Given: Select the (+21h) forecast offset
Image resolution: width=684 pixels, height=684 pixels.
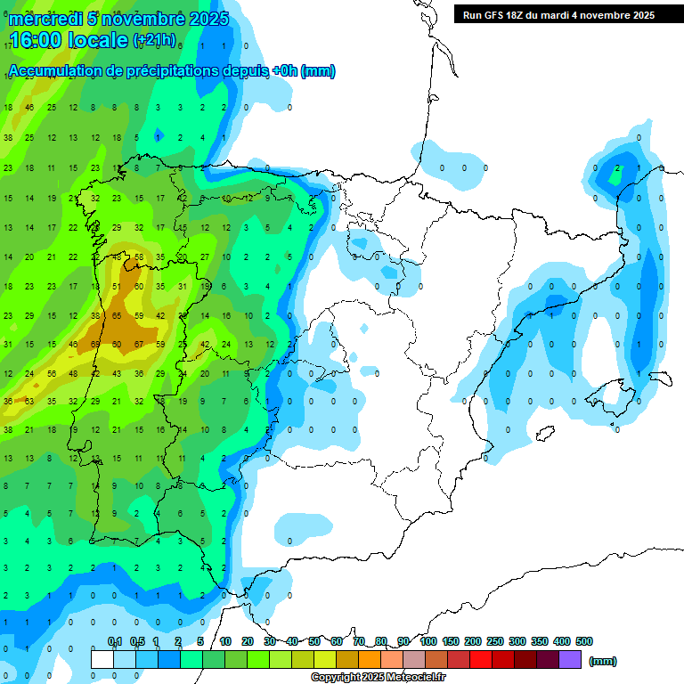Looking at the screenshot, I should [x=154, y=40].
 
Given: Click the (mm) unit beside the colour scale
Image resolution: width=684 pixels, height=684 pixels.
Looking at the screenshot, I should [x=603, y=661].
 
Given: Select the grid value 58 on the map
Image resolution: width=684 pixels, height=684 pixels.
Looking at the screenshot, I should [x=139, y=257].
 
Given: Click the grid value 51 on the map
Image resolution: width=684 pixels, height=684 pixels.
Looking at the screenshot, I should [x=118, y=287].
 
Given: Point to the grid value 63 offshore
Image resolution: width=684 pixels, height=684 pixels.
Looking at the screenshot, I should [x=30, y=402].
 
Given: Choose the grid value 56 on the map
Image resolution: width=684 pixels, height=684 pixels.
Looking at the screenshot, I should [x=52, y=374].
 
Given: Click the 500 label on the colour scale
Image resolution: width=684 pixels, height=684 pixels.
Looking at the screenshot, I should [x=584, y=641].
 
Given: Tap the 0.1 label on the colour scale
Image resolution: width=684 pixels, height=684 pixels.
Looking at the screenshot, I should [x=115, y=641].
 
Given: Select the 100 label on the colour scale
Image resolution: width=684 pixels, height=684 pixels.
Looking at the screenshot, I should [x=427, y=641].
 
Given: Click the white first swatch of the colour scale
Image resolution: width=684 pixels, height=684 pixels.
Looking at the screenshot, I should [x=102, y=659].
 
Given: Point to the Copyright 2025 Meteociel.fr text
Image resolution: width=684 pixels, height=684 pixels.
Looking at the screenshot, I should [x=378, y=678].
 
